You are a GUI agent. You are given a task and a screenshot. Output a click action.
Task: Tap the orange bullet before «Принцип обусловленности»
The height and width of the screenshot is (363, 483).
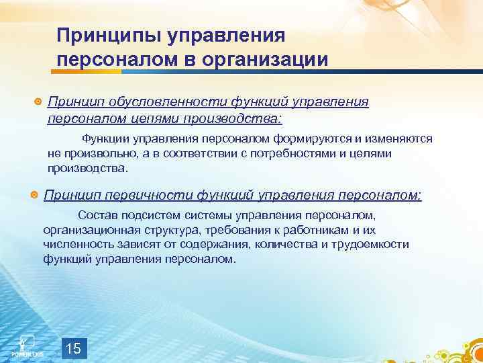point(38,102)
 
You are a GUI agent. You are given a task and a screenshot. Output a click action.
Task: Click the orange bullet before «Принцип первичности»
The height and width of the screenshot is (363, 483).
point(34,196)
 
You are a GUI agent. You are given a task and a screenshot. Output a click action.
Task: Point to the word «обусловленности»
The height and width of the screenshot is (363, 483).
point(160,102)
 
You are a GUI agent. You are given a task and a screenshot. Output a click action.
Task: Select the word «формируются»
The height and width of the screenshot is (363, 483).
point(311,138)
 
